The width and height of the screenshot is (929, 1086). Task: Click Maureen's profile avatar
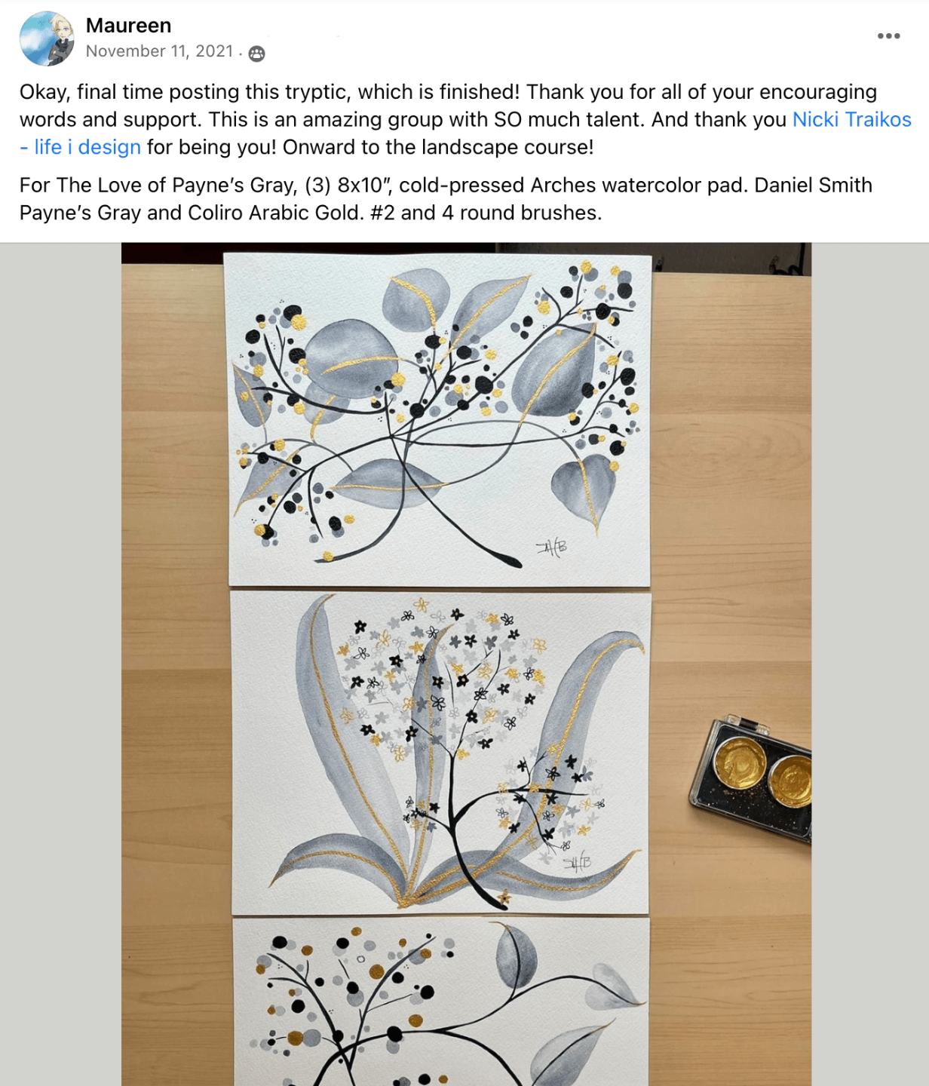[47, 38]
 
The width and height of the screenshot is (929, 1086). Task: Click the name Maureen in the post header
[128, 25]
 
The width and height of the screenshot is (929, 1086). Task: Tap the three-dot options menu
[888, 35]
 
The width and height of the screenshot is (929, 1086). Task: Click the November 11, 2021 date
[159, 51]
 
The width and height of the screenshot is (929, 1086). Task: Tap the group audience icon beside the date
[256, 53]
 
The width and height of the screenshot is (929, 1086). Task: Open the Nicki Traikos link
[852, 119]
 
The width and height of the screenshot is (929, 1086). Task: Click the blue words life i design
[87, 147]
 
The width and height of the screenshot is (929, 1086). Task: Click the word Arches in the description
[563, 185]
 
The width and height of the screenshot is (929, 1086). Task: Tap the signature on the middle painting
[576, 864]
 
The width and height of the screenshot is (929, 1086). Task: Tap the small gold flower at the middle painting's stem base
[504, 897]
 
